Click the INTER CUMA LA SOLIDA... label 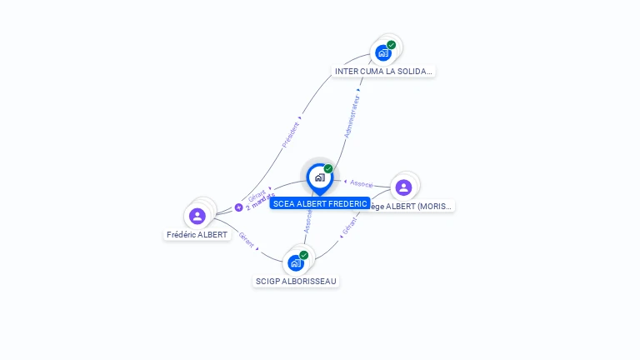pos(383,72)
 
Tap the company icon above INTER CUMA pos(383,52)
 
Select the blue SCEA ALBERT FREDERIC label pos(320,203)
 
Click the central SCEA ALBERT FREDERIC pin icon pos(319,177)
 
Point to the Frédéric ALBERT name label pos(197,235)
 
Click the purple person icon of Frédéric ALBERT pos(197,217)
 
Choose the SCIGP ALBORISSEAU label pos(296,282)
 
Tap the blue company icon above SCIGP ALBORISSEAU pos(296,262)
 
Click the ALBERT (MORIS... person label pos(413,206)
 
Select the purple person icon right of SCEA pos(403,187)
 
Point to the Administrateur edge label pos(352,116)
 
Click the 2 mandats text pos(261,202)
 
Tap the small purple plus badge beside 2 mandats pos(239,207)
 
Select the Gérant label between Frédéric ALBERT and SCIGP pos(246,239)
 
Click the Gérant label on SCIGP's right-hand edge pos(349,226)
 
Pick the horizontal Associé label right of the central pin pos(362,182)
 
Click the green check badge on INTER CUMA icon pos(392,45)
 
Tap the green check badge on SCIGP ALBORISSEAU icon pos(304,255)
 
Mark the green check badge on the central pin pos(328,169)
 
